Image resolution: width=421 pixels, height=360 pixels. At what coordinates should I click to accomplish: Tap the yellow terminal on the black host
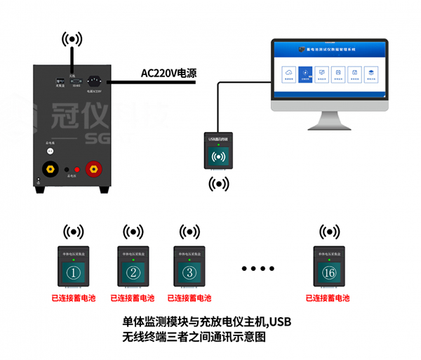click(x=51, y=169)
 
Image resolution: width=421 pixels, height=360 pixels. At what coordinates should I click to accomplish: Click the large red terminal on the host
click(x=92, y=169)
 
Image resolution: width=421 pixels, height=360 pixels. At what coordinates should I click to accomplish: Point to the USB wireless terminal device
click(x=219, y=151)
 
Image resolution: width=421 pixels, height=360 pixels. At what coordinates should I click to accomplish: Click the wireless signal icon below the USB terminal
click(x=219, y=184)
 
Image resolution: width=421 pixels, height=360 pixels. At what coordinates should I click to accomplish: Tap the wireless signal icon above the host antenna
click(x=72, y=39)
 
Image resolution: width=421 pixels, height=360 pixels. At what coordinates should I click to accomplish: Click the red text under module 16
click(x=328, y=298)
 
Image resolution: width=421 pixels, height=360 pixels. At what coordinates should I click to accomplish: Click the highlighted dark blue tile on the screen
click(x=305, y=74)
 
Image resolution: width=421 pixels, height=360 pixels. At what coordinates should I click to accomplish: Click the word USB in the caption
click(x=281, y=322)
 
